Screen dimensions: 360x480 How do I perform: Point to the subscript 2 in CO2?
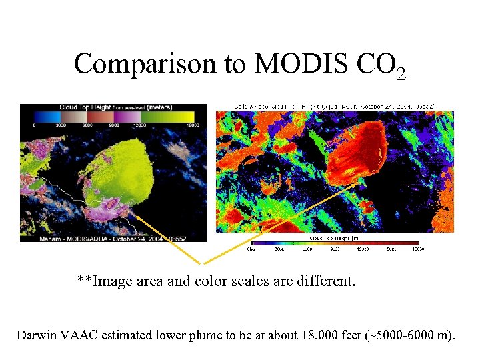pyautogui.click(x=400, y=73)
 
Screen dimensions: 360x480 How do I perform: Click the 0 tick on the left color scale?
pyautogui.click(x=34, y=125)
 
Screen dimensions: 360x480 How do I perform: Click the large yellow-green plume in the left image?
pyautogui.click(x=123, y=173)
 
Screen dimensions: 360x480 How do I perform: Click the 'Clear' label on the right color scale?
pyautogui.click(x=251, y=249)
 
